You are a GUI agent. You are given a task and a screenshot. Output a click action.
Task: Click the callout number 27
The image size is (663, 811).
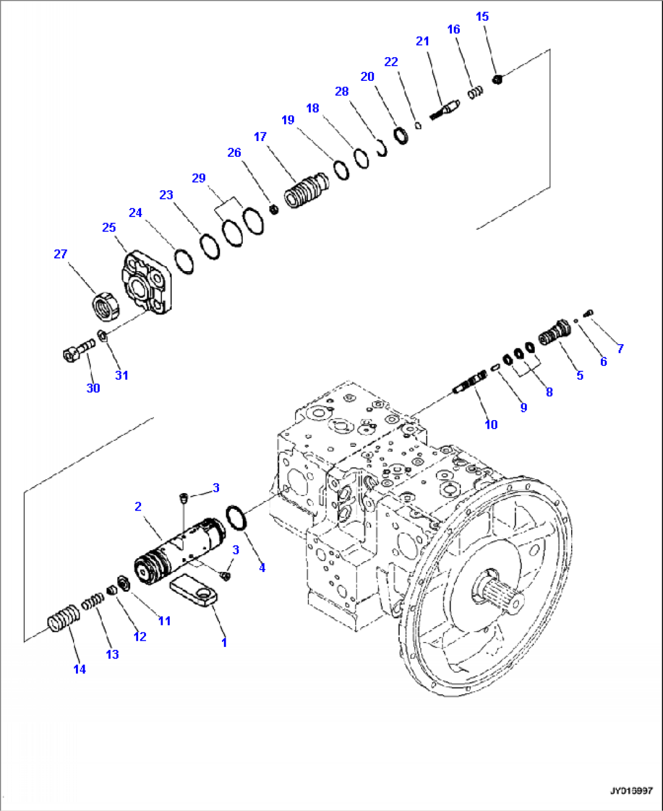pos(60,254)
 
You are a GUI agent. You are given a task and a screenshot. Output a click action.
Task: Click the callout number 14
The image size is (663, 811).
pos(80,669)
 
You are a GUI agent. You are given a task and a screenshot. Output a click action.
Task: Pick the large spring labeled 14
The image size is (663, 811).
pos(63,619)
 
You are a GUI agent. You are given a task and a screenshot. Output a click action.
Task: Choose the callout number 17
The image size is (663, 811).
pos(260,137)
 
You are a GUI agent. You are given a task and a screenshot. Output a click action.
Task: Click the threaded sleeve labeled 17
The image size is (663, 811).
pos(306,191)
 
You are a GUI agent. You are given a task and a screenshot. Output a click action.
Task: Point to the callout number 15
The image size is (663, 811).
pos(482,16)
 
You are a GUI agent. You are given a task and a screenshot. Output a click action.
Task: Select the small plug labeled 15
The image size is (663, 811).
pos(497,78)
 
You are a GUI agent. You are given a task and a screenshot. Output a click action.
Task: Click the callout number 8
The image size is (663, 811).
pos(549,392)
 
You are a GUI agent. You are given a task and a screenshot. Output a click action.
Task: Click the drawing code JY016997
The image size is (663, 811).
pos(631,791)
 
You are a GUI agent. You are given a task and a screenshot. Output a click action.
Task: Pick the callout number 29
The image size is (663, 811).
pos(199,178)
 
